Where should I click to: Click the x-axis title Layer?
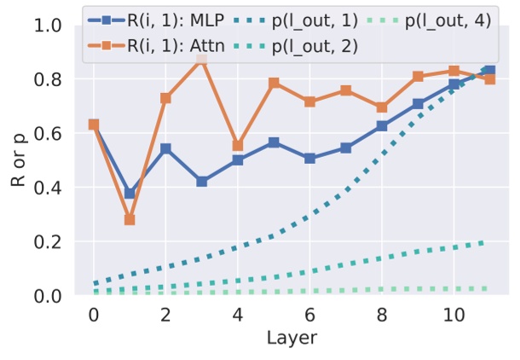(290, 338)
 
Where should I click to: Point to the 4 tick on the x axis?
(237, 313)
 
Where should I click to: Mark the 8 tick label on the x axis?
(380, 313)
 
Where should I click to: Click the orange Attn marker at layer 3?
(201, 59)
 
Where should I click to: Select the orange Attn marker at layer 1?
(130, 219)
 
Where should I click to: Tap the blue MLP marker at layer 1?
(130, 194)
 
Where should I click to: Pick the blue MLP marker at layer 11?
(488, 71)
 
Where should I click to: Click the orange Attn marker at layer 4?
(237, 146)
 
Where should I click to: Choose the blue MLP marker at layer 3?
(201, 182)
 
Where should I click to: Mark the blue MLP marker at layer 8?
(380, 126)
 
